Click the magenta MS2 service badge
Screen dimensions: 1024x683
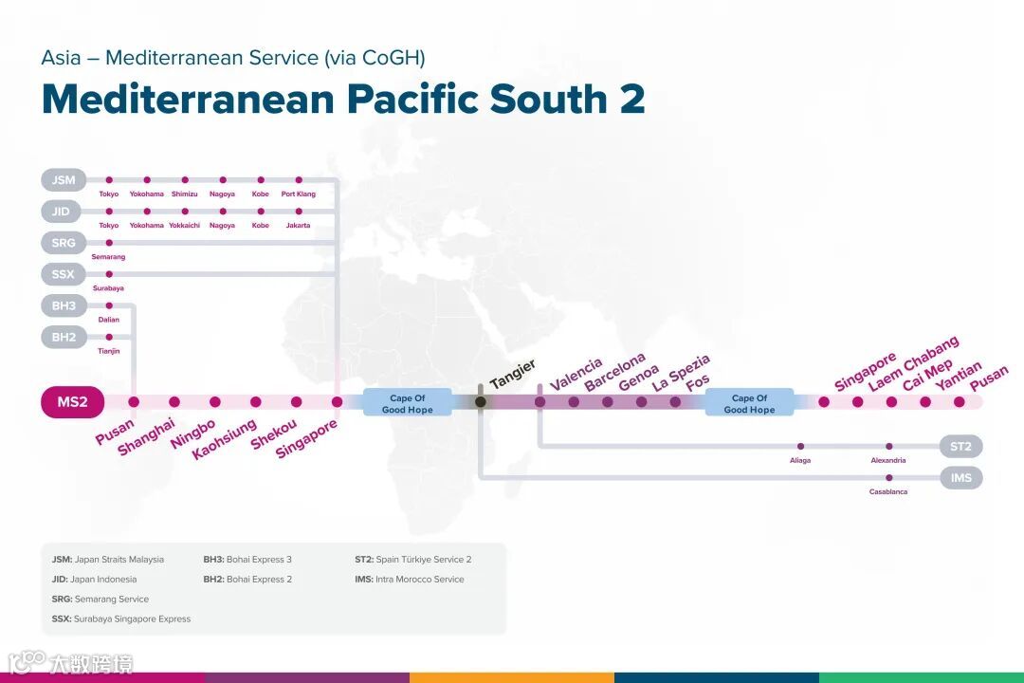tap(72, 402)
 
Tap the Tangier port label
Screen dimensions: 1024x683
tap(513, 374)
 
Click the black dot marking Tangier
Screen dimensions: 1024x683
tap(481, 402)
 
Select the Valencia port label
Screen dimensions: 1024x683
tap(576, 374)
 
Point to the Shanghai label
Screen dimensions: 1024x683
tap(146, 435)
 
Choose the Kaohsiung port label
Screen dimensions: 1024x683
tap(224, 439)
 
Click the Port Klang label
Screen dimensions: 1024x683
tap(299, 194)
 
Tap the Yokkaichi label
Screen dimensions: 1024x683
tap(185, 226)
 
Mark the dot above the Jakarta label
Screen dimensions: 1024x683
tap(299, 211)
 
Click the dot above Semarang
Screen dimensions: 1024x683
tap(109, 243)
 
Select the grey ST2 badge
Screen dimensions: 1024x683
tap(960, 446)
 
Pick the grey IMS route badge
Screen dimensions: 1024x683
tap(960, 477)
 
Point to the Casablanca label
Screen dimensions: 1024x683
tap(888, 491)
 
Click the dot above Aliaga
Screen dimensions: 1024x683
tap(801, 446)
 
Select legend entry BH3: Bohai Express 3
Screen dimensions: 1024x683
tap(247, 560)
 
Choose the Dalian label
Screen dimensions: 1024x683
tap(109, 320)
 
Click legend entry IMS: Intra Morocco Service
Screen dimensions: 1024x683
tap(409, 579)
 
